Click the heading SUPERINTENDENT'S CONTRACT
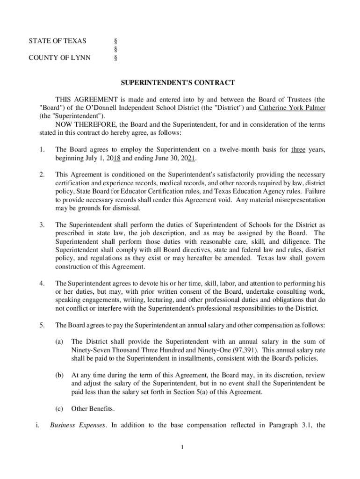click(178, 83)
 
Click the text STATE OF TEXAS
click(58, 41)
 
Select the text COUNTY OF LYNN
click(60, 58)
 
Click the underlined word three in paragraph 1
click(298, 150)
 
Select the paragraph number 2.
click(42, 174)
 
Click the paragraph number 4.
click(42, 283)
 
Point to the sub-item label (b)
click(59, 375)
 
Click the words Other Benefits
click(93, 409)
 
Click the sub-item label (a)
click(59, 341)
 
